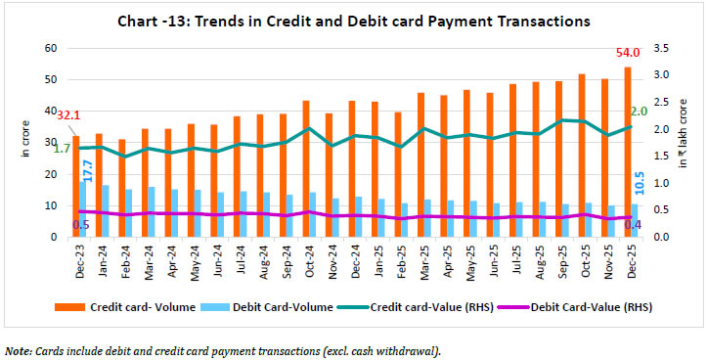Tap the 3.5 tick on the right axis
pyautogui.click(x=661, y=48)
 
